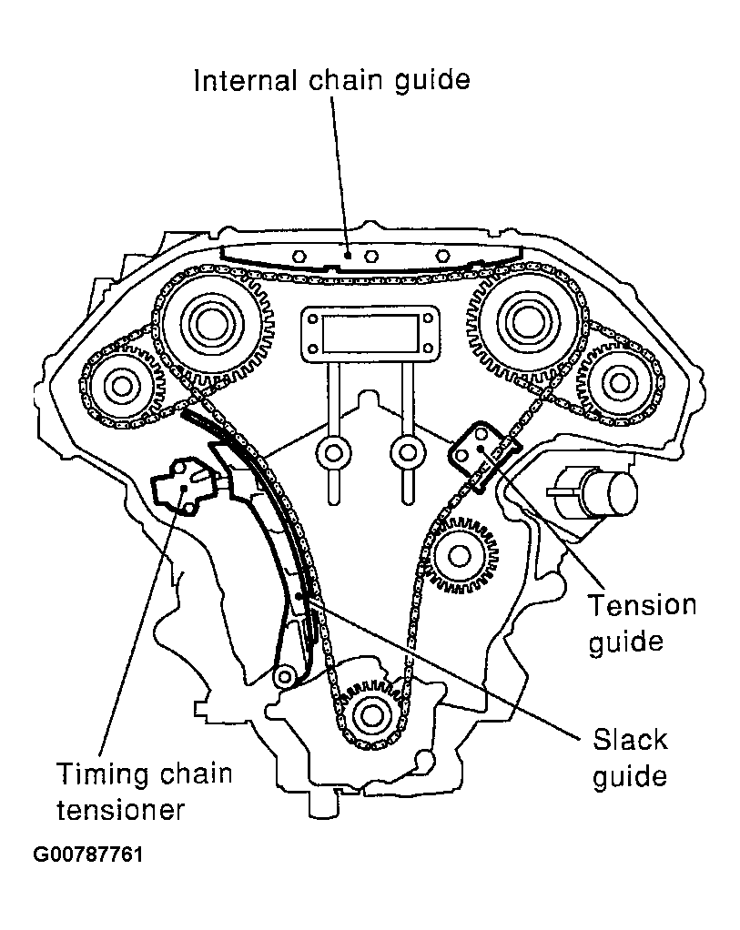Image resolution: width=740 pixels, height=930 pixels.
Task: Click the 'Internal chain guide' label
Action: click(x=331, y=80)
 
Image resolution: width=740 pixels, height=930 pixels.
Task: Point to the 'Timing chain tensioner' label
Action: click(x=145, y=791)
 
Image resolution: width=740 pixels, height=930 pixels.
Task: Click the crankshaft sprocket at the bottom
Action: click(x=370, y=714)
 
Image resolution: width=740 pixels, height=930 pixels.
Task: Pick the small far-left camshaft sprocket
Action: click(x=119, y=387)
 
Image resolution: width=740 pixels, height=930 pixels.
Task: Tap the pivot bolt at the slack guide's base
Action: click(x=285, y=675)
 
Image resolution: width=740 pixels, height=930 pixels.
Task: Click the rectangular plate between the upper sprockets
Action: click(x=370, y=334)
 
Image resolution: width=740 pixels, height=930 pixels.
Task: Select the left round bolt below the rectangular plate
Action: click(x=332, y=452)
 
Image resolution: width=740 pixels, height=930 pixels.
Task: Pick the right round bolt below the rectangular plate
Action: click(x=407, y=451)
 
